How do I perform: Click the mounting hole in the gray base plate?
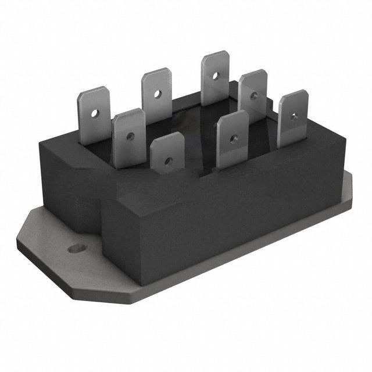pyautogui.click(x=73, y=249)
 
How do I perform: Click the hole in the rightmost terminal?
pyautogui.click(x=294, y=116)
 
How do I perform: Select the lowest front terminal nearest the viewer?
pyautogui.click(x=167, y=152)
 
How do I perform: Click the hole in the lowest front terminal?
pyautogui.click(x=168, y=160)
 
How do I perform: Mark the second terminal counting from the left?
pyautogui.click(x=128, y=137)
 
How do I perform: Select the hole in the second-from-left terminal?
pyautogui.click(x=130, y=137)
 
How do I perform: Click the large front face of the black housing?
pyautogui.click(x=221, y=221)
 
